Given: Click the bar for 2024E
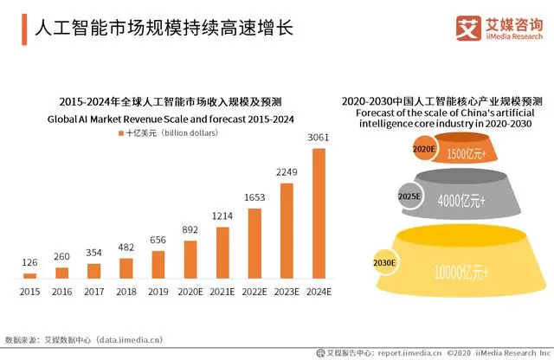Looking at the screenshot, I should (x=319, y=213).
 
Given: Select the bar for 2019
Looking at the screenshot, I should (x=158, y=264).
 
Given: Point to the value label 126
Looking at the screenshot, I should (x=30, y=263).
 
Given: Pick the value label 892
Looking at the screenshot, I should (x=190, y=230).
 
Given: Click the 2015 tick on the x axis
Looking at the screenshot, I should (x=30, y=292).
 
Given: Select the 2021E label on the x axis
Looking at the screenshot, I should (x=223, y=292).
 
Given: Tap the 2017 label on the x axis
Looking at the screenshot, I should (x=94, y=292).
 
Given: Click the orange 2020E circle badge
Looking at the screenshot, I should (x=423, y=150).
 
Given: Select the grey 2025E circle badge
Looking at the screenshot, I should (x=409, y=196).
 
